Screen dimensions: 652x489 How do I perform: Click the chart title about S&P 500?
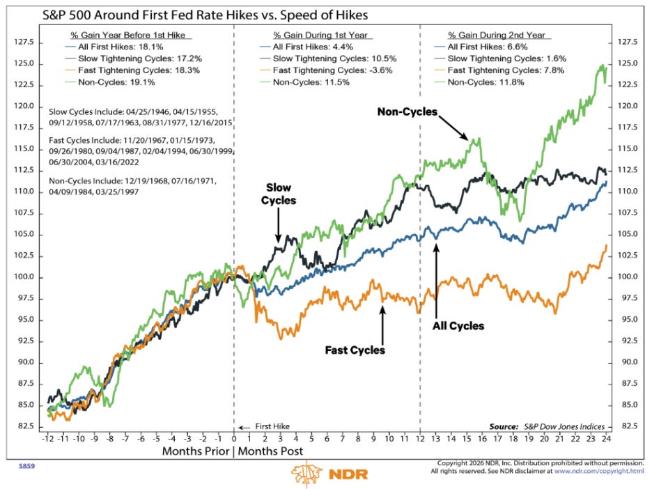pos(205,15)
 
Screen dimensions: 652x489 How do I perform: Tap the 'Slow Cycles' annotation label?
pos(279,194)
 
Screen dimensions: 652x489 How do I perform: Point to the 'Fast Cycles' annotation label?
pos(355,350)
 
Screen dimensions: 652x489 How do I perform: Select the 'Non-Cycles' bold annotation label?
pos(407,112)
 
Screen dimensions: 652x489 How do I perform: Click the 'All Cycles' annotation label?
pos(458,326)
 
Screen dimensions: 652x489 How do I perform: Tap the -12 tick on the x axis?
pos(48,438)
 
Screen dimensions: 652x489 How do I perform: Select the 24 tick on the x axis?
pos(606,438)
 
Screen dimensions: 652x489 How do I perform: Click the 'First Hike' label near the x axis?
pos(272,426)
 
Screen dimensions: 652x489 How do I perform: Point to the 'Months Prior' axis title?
pos(196,451)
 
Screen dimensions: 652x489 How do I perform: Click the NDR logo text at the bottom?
pos(348,474)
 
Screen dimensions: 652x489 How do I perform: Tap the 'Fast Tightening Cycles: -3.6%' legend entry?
pos(333,70)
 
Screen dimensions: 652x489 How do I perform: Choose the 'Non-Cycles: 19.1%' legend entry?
pos(116,82)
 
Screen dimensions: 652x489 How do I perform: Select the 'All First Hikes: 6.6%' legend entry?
pos(488,47)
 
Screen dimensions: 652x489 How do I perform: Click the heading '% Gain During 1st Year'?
pos(320,36)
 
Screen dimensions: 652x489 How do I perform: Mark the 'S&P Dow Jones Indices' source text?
pos(564,426)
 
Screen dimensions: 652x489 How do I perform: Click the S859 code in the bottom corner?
pos(27,466)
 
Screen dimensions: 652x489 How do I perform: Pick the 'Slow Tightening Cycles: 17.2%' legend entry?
pos(140,59)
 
